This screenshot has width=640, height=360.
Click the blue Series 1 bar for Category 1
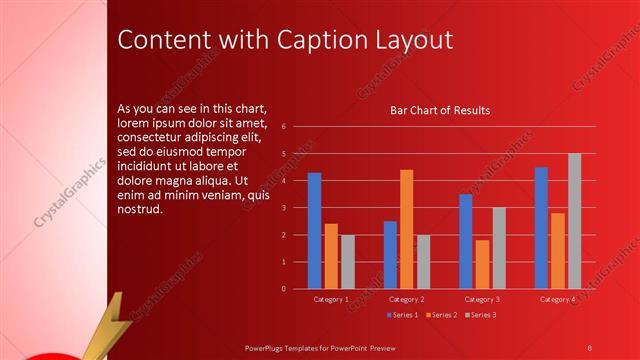click(314, 231)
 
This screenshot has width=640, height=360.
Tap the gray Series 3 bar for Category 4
click(574, 221)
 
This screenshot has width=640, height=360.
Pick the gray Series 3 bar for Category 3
click(499, 248)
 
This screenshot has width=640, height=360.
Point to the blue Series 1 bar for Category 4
click(541, 228)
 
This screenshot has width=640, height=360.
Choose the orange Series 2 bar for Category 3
click(482, 264)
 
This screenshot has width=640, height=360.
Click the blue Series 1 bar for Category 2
click(390, 255)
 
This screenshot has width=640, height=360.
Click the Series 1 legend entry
click(402, 315)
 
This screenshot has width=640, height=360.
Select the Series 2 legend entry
click(441, 315)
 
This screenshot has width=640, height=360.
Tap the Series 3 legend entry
click(480, 315)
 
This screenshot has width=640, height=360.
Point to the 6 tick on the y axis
click(284, 127)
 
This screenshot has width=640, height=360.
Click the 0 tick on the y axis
click(284, 289)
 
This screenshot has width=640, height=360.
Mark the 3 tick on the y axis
click(284, 208)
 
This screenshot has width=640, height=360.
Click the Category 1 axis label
click(331, 299)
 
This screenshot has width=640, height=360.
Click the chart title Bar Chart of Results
click(440, 110)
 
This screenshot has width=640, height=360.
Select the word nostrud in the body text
click(139, 211)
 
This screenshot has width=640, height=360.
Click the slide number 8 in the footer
click(589, 347)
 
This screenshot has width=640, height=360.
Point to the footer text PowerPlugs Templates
click(290, 347)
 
